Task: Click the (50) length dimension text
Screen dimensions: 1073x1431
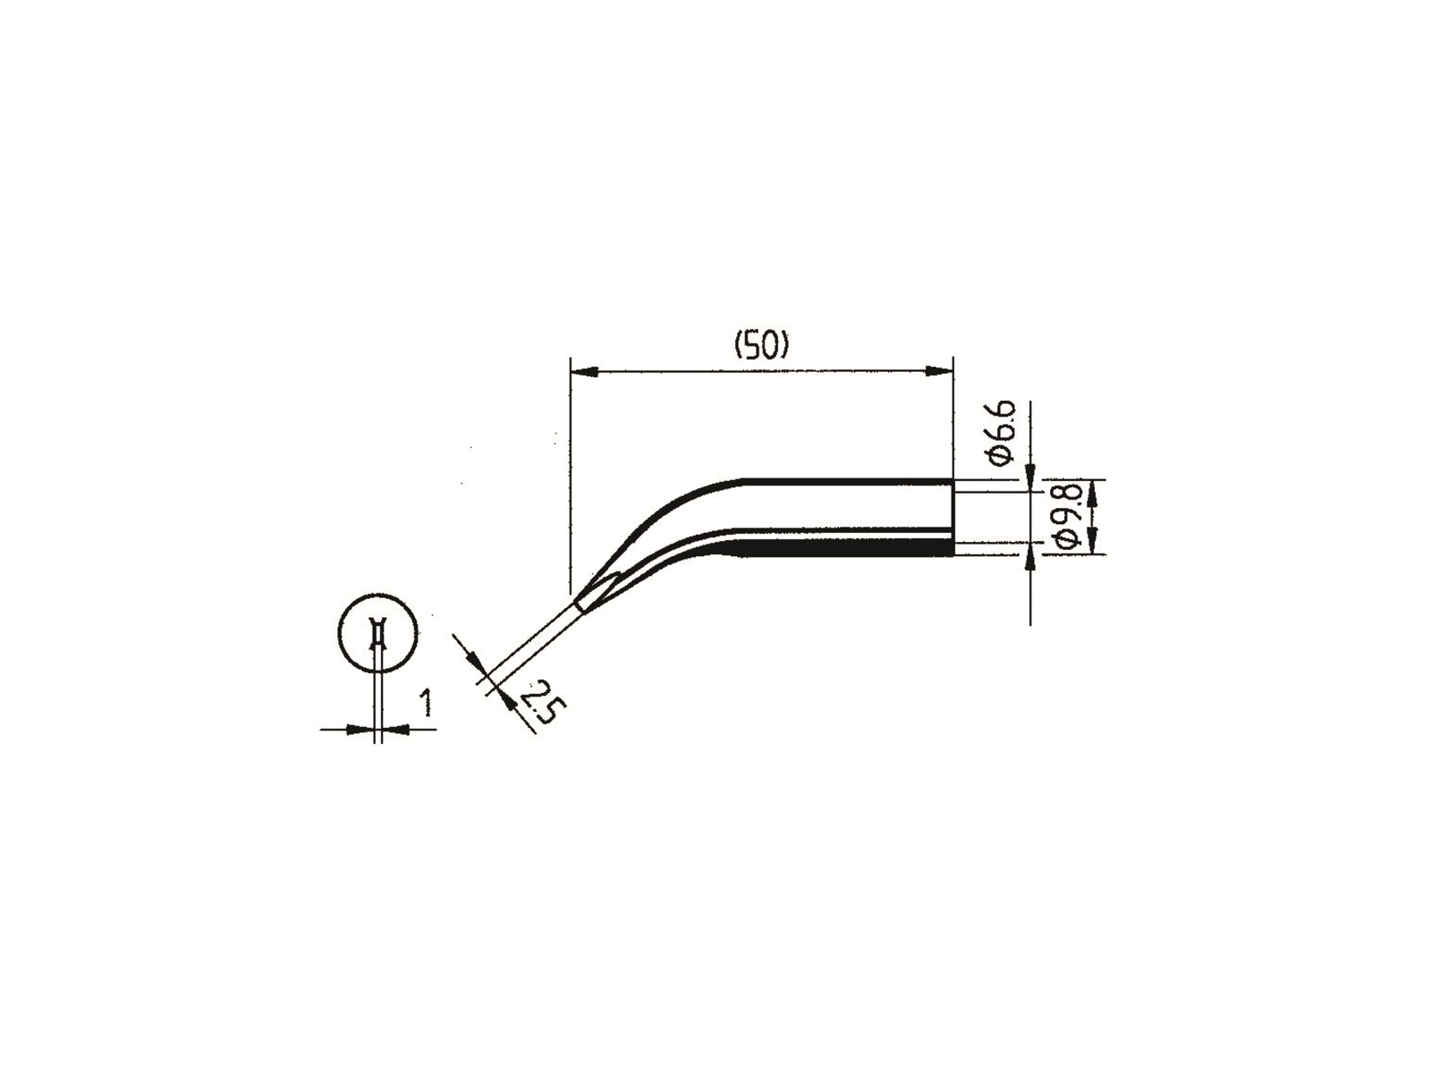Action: [761, 345]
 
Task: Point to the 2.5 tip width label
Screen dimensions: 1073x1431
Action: [542, 700]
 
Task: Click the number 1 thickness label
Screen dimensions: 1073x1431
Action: [426, 703]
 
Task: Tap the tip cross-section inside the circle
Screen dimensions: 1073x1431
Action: [378, 636]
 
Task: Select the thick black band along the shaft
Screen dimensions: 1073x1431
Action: [841, 547]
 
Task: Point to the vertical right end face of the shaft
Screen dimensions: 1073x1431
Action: [953, 517]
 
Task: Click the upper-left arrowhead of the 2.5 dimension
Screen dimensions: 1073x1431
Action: [473, 661]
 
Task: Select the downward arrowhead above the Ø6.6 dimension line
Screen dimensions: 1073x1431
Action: [1031, 471]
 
